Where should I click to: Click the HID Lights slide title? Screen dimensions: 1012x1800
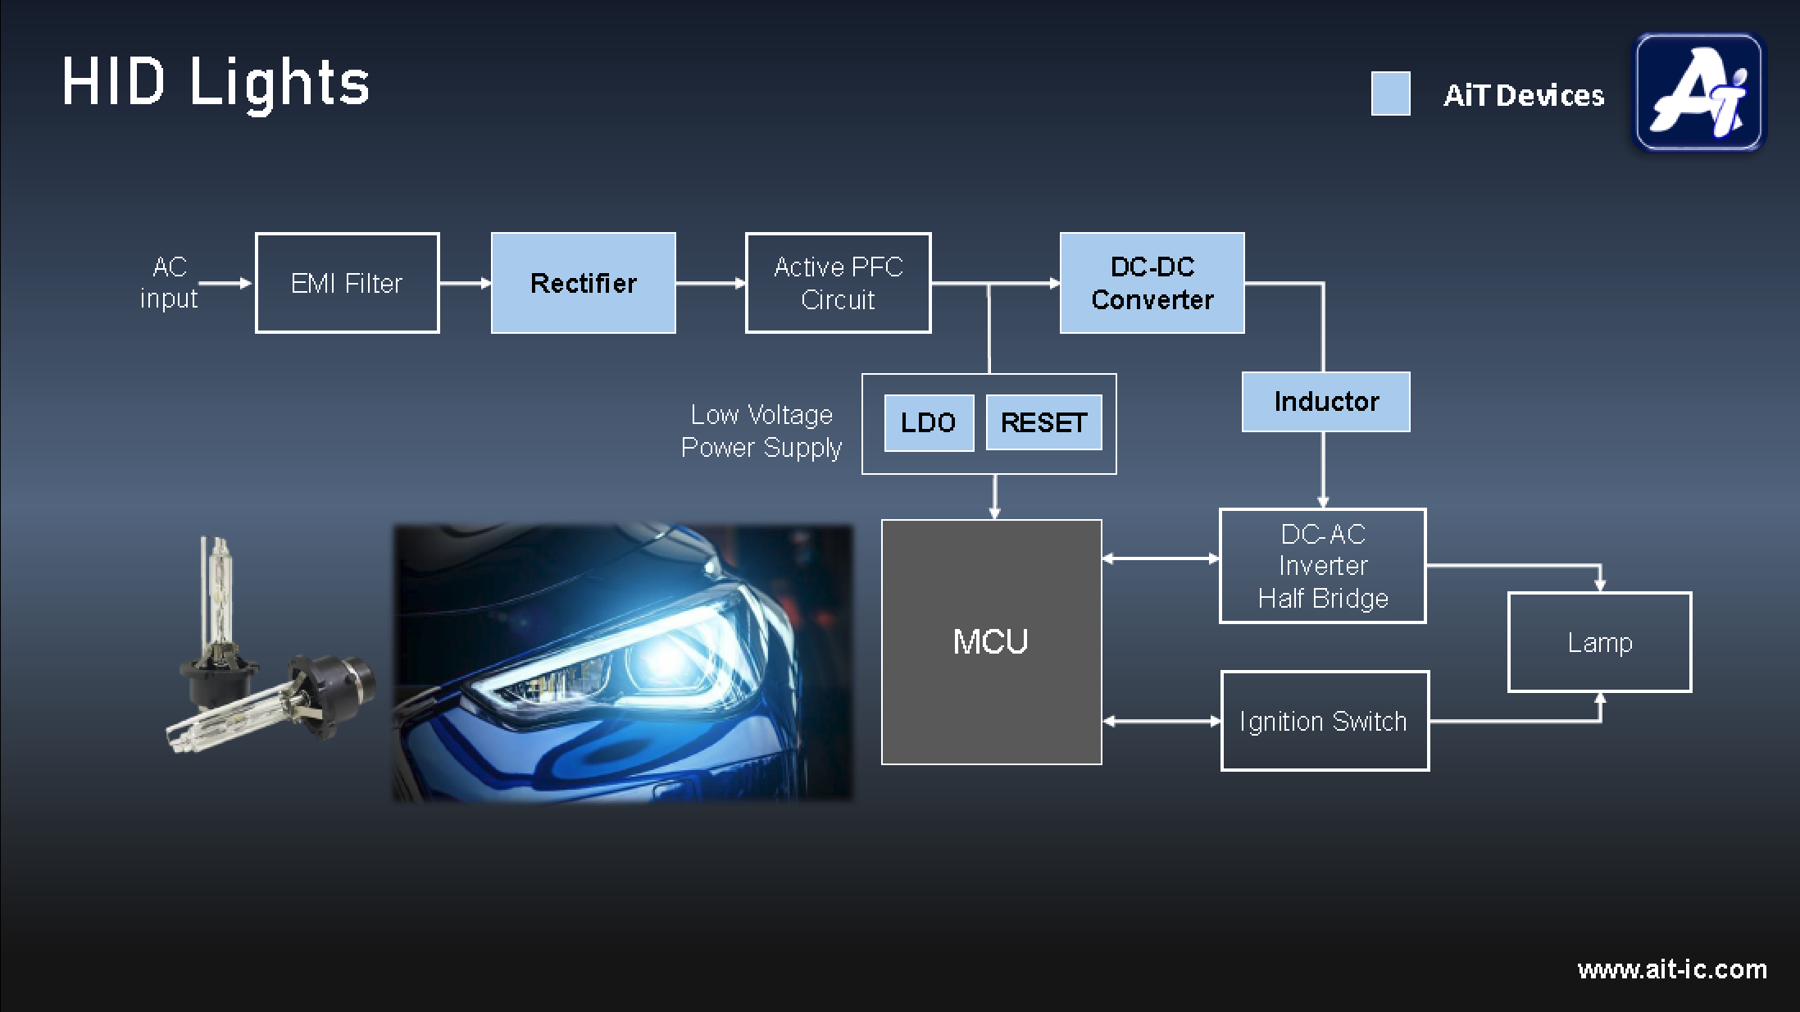point(216,83)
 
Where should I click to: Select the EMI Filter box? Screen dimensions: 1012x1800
point(347,283)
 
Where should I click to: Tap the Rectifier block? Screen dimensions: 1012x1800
point(583,283)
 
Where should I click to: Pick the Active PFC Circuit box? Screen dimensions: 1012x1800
point(838,283)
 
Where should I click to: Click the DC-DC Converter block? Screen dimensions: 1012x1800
point(1152,283)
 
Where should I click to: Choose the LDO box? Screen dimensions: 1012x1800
point(929,422)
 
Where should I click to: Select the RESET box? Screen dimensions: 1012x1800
point(1043,422)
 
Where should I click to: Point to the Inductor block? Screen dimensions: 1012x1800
point(1325,402)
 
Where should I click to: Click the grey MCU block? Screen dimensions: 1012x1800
point(991,641)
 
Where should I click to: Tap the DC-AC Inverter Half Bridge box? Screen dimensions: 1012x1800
point(1322,566)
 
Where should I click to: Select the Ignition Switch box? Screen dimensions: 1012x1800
point(1324,721)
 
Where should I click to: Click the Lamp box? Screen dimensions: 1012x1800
point(1599,642)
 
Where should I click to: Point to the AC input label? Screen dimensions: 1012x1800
point(169,283)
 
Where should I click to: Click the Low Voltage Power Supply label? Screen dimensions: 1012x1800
point(761,431)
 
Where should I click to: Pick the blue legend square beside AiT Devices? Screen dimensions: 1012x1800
point(1390,93)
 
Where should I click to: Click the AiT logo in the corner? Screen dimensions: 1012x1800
point(1698,92)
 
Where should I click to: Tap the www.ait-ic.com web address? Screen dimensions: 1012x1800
point(1671,969)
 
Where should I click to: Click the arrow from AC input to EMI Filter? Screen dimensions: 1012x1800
point(225,283)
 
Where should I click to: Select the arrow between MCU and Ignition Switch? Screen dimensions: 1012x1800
point(1161,721)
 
